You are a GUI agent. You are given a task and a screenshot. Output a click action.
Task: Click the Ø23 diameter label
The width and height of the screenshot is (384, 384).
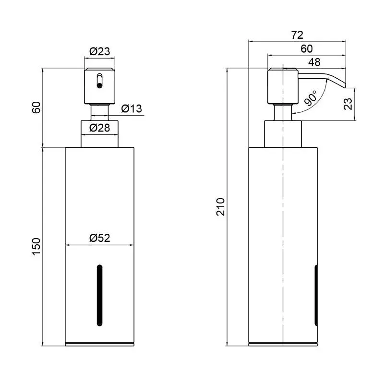coord(100,51)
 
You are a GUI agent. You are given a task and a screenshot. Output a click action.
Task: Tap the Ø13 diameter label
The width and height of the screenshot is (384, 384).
coord(132,108)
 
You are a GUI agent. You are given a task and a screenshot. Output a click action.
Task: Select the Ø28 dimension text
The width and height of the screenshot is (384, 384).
coord(100,128)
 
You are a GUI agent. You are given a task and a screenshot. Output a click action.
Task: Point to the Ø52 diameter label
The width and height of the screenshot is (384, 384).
coord(100,238)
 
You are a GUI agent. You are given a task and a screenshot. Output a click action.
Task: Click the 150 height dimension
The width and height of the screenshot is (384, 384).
coord(36,247)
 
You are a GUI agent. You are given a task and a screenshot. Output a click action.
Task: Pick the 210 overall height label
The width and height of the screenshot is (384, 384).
coord(220,207)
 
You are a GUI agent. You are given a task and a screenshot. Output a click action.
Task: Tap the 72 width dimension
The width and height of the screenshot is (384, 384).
coord(297,35)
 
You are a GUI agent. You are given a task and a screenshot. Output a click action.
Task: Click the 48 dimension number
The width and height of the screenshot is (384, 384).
coord(314,62)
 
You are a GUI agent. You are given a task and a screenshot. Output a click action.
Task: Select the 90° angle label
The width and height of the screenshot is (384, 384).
coord(311,98)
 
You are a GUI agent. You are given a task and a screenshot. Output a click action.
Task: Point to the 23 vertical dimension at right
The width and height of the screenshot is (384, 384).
coord(348,104)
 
